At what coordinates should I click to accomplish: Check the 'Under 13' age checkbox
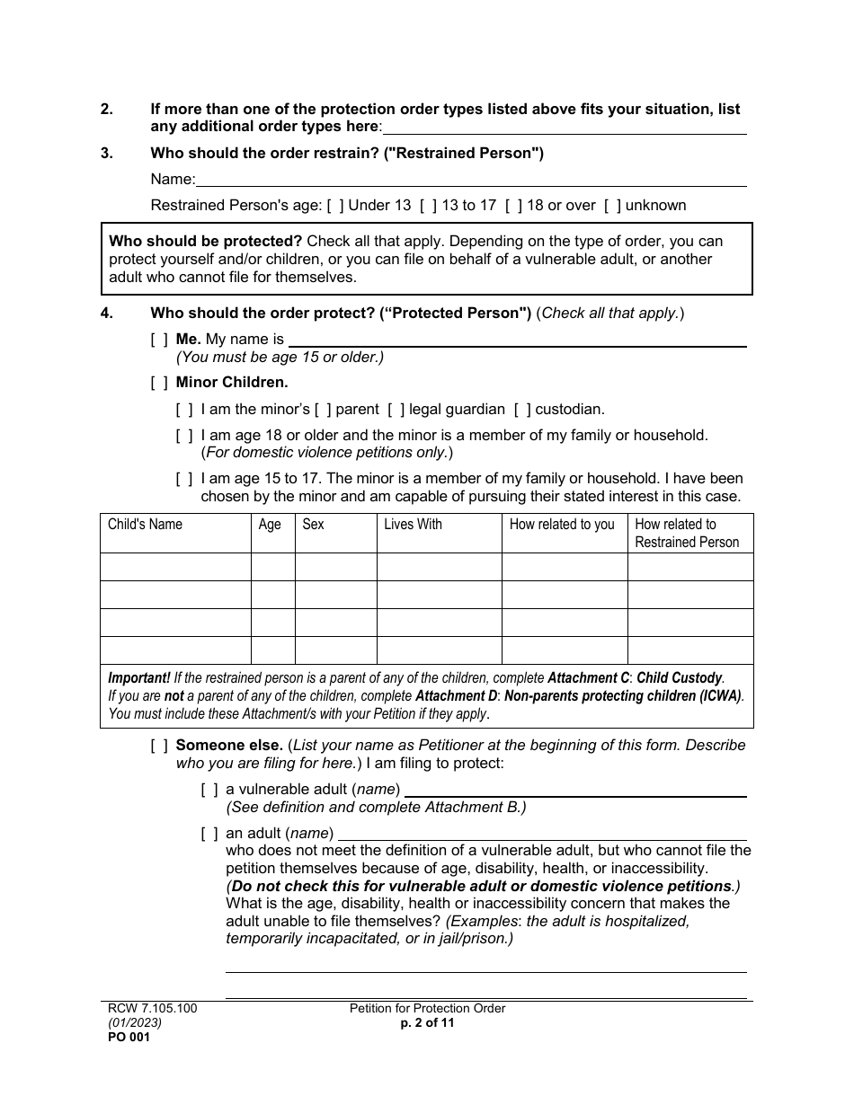pyautogui.click(x=335, y=206)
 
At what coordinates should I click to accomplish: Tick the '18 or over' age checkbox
pyautogui.click(x=513, y=206)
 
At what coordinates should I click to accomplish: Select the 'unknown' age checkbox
pyautogui.click(x=612, y=206)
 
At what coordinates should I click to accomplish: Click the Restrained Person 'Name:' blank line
pyautogui.click(x=471, y=180)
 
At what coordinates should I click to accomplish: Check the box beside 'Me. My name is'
pyautogui.click(x=159, y=340)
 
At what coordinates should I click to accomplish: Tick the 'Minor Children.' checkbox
pyautogui.click(x=159, y=383)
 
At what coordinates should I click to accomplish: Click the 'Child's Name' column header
pyautogui.click(x=145, y=525)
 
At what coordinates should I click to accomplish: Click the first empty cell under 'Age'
pyautogui.click(x=272, y=567)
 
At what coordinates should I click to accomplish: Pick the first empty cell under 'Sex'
pyautogui.click(x=335, y=567)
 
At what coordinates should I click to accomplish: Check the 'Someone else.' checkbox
pyautogui.click(x=159, y=746)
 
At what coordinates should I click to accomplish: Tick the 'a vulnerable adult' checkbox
pyautogui.click(x=209, y=790)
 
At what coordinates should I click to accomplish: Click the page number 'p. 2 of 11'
pyautogui.click(x=427, y=1022)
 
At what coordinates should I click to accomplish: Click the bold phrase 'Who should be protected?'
pyautogui.click(x=206, y=242)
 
